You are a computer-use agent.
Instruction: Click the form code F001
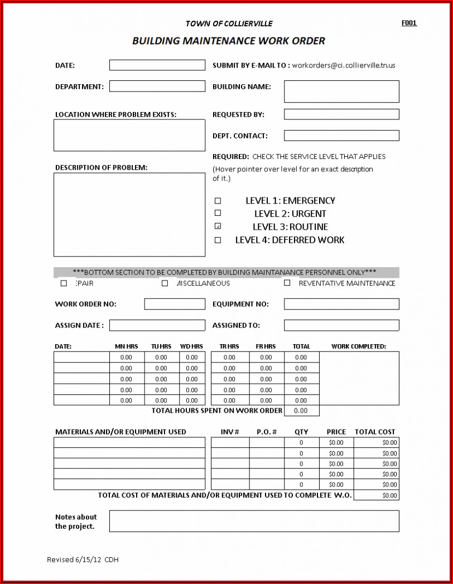click(409, 23)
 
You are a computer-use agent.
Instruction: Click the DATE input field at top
click(157, 65)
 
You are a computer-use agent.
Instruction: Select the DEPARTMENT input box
click(157, 86)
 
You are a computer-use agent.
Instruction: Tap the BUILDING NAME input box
click(341, 91)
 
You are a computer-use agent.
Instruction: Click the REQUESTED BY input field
click(341, 114)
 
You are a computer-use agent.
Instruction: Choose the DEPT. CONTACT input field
click(341, 136)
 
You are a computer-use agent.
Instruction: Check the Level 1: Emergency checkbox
click(218, 201)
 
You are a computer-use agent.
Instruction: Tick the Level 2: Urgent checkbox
click(218, 213)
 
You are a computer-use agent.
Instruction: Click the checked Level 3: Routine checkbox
click(218, 226)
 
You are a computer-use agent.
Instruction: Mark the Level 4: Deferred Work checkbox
click(218, 240)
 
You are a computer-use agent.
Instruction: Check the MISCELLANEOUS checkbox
click(165, 283)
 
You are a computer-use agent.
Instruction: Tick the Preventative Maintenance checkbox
click(287, 283)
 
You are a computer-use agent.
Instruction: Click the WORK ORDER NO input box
click(175, 304)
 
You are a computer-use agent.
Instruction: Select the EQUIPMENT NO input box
click(341, 304)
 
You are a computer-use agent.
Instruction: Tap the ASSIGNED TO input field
click(341, 325)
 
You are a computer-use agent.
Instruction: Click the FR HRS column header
click(266, 346)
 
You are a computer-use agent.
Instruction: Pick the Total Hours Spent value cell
click(301, 411)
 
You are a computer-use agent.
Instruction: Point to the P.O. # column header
click(267, 432)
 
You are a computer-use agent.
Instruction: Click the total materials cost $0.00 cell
click(377, 495)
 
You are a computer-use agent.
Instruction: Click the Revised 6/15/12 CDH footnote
click(83, 559)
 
